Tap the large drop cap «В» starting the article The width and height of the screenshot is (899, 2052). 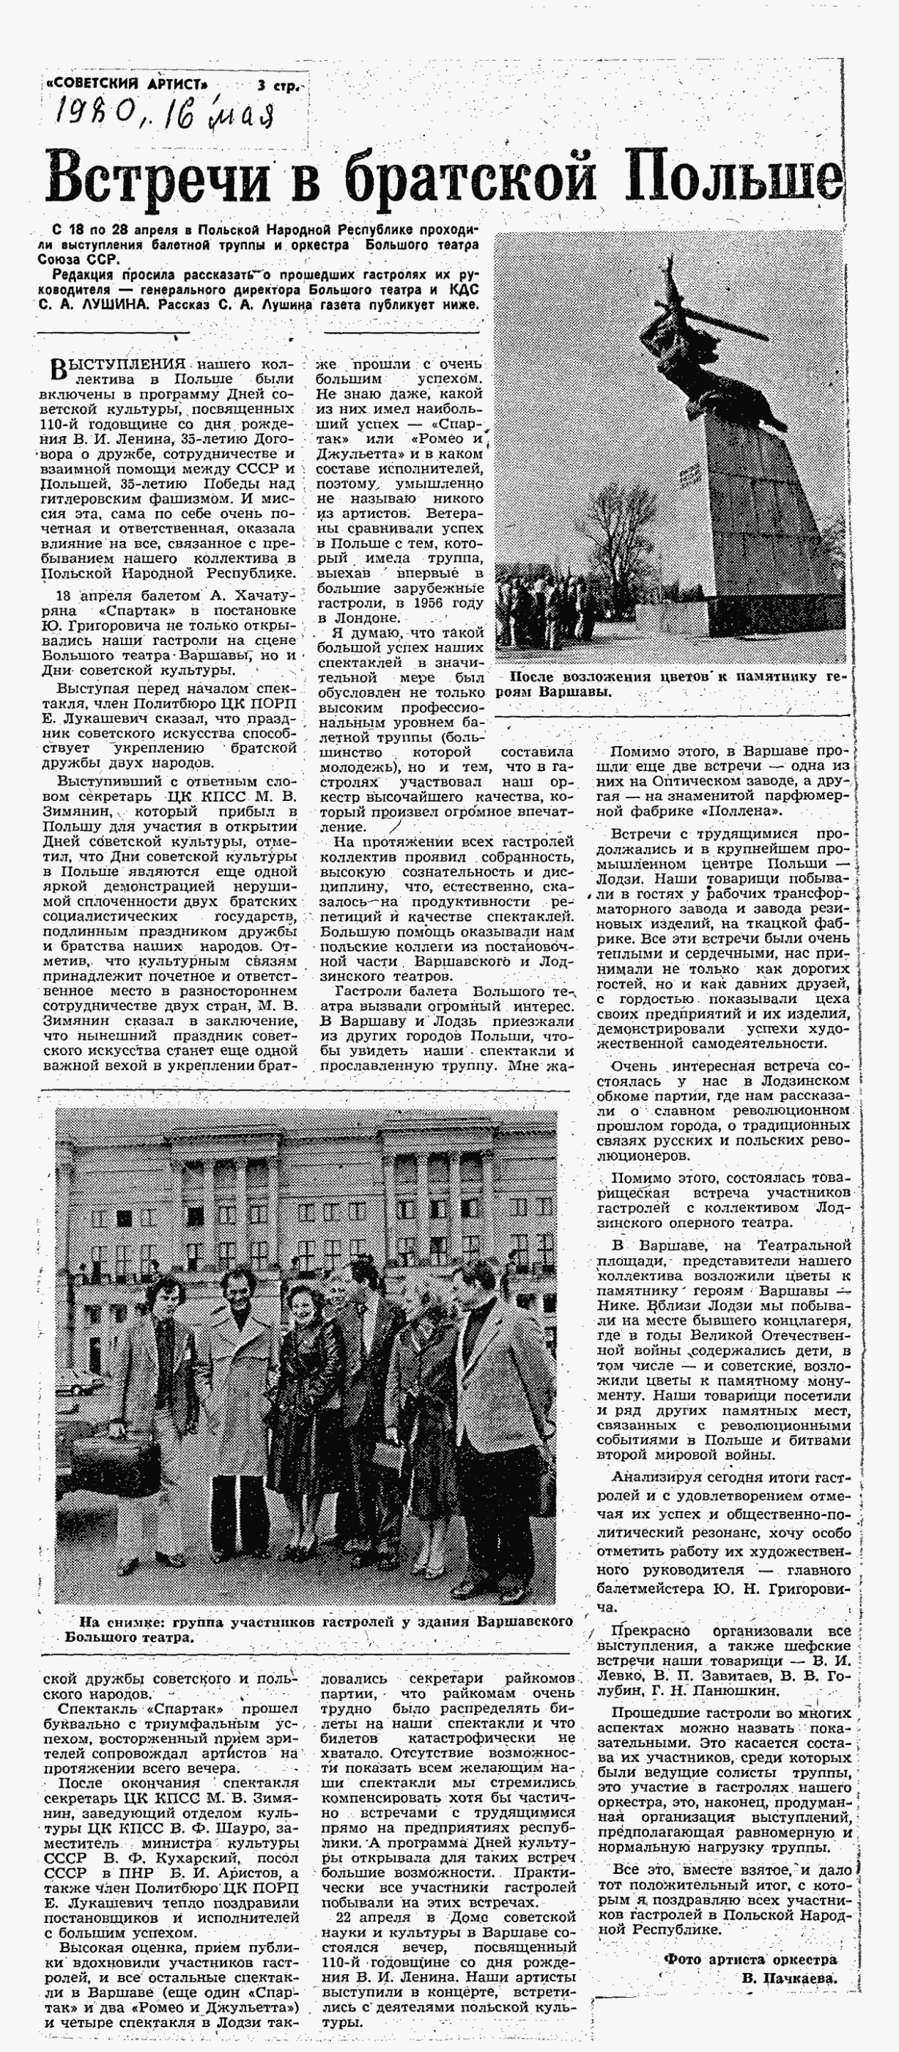coord(56,368)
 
